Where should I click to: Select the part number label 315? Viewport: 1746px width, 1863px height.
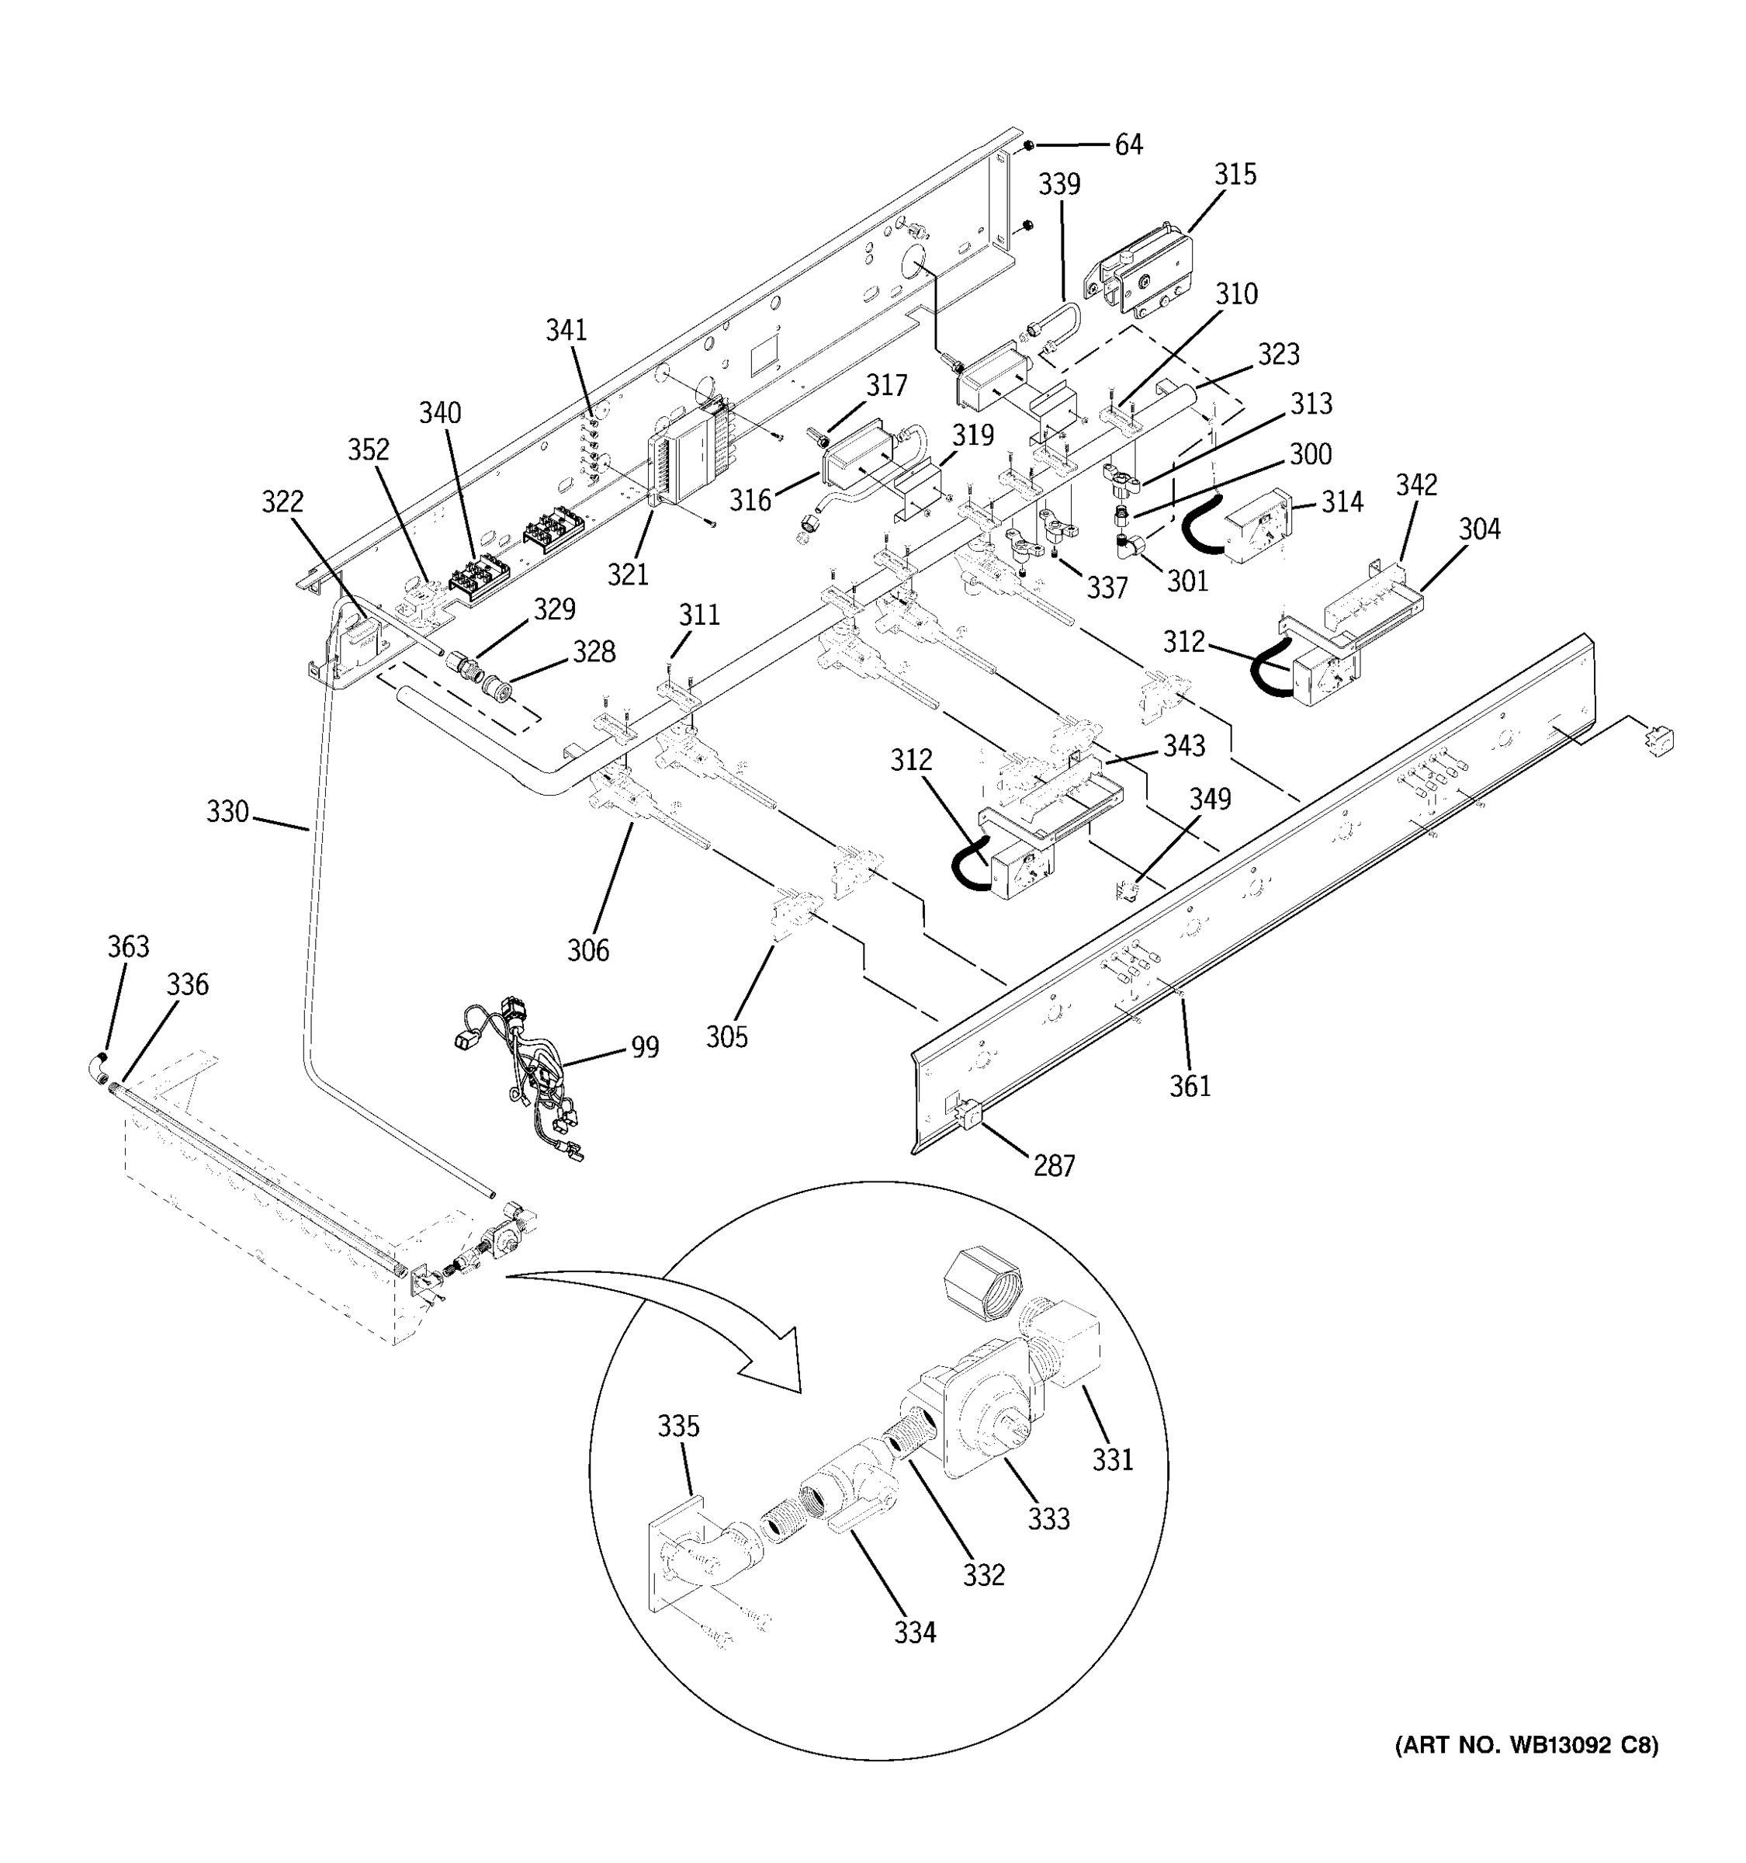click(x=1235, y=175)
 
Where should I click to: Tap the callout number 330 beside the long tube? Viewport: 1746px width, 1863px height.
click(x=227, y=810)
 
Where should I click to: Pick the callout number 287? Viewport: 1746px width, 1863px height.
click(x=1054, y=1166)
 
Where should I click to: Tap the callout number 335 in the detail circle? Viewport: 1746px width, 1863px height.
click(x=677, y=1426)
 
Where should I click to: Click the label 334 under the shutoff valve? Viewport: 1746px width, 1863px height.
click(x=914, y=1632)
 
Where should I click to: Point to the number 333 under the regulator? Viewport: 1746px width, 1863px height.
click(x=1048, y=1519)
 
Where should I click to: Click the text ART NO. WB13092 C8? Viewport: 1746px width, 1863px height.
click(x=1527, y=1745)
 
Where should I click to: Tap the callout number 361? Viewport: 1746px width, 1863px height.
click(x=1190, y=1086)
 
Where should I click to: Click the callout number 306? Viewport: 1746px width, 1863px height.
click(x=587, y=950)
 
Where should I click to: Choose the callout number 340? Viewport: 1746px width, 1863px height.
click(x=439, y=412)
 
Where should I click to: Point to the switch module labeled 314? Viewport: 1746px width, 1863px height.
click(x=1255, y=529)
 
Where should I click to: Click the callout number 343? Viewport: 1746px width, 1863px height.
click(x=1184, y=746)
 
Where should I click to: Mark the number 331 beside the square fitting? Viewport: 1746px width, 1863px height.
click(x=1113, y=1459)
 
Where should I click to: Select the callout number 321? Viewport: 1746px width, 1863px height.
click(x=627, y=574)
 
